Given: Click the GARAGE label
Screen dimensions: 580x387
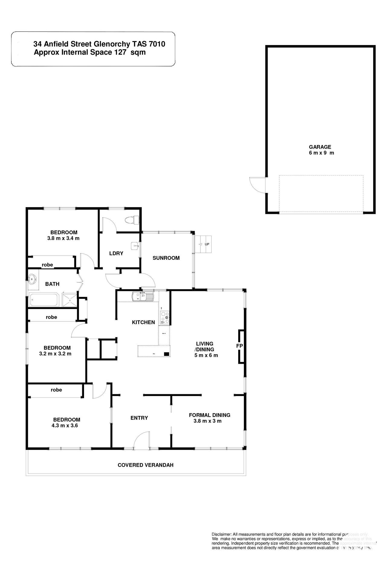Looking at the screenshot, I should pos(320,147).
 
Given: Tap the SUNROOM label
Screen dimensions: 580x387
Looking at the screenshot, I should pos(166,258).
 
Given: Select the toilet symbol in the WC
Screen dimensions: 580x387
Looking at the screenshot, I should pos(132,220).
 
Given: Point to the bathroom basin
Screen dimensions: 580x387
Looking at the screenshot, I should pos(32,279).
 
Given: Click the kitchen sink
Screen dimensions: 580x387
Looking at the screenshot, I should pos(143,296).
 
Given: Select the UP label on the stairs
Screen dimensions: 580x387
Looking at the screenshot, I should pos(207,244).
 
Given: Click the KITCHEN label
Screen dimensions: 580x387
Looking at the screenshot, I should pos(143,322).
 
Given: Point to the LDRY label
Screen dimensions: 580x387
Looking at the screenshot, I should pos(116,253).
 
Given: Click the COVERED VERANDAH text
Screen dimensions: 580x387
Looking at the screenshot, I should pos(145,465).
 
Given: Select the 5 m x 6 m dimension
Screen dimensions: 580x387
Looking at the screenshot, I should pos(206,355).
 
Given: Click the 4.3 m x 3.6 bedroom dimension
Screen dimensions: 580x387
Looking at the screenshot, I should pos(65,426).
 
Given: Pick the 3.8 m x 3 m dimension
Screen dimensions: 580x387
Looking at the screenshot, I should pos(207,421).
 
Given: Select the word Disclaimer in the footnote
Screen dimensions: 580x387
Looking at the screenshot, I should pos(222,534).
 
